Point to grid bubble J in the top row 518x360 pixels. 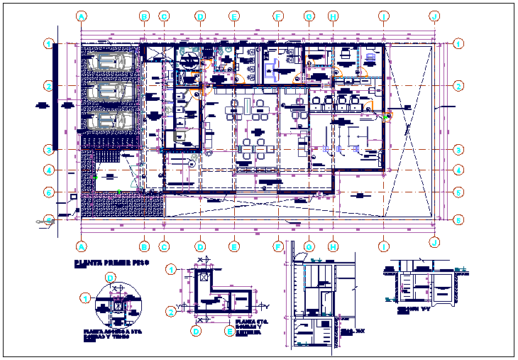[x=434, y=15]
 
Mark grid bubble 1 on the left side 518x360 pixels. [x=49, y=44]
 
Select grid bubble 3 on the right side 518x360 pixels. [x=460, y=149]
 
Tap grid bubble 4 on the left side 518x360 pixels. [x=49, y=170]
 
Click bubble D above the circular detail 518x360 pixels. [x=110, y=278]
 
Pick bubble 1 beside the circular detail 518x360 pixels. [x=85, y=298]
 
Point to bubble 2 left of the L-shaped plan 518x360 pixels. [x=171, y=311]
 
